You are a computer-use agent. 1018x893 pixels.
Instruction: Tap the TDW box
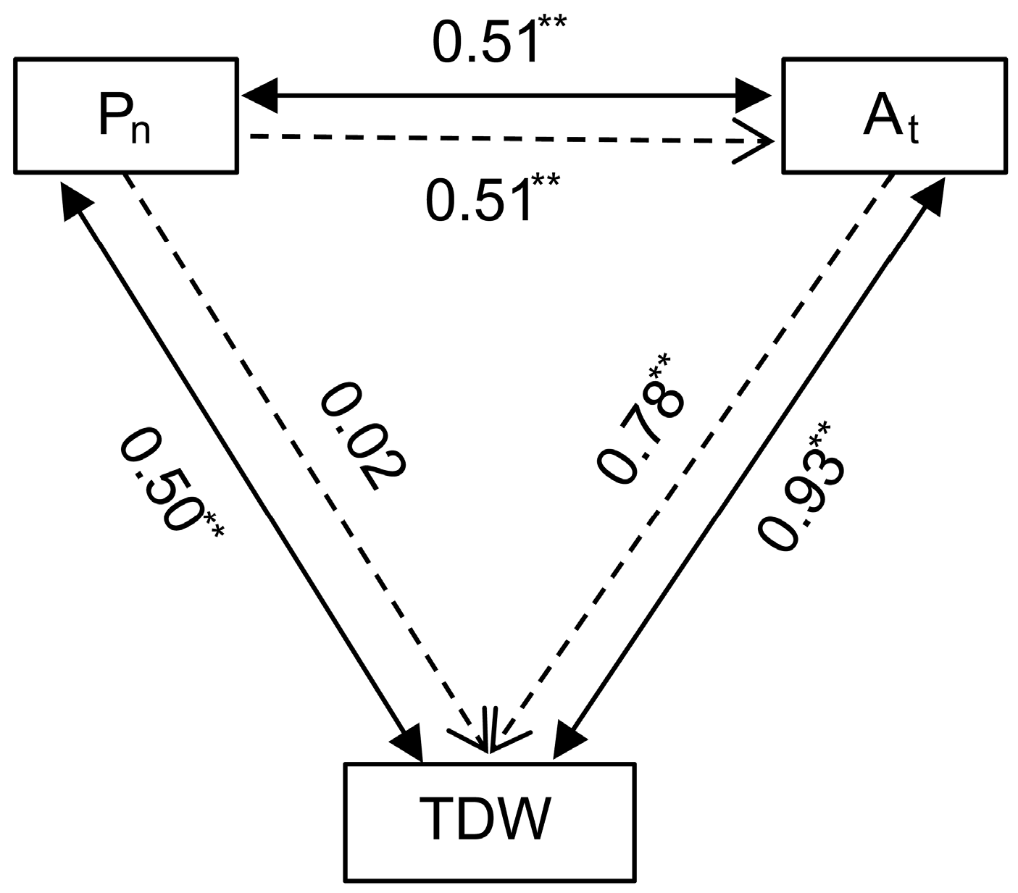491,822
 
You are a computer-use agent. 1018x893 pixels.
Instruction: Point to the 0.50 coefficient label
170,482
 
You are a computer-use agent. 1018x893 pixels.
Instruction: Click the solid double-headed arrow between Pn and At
507,95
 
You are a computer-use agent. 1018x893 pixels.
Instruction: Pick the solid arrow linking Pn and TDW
239,464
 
